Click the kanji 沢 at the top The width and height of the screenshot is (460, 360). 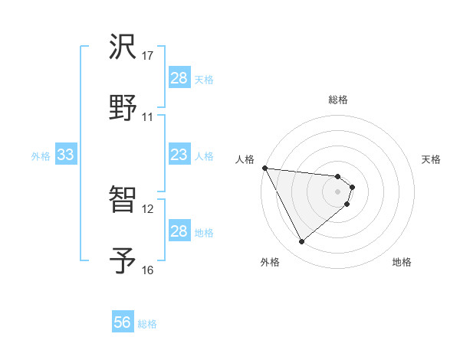[x=123, y=47]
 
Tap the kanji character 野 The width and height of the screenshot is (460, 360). [x=123, y=107]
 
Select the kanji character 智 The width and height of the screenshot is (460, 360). [x=123, y=201]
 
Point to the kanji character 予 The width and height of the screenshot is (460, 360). [x=123, y=260]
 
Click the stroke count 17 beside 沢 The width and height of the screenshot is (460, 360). [x=147, y=56]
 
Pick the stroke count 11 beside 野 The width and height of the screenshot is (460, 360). [x=147, y=116]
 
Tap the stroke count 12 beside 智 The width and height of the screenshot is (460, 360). [x=147, y=209]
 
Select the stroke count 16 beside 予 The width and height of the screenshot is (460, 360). [x=147, y=270]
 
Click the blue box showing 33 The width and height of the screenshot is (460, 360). [x=65, y=155]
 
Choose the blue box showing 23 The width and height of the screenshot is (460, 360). [x=179, y=155]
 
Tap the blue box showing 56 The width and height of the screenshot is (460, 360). [x=123, y=323]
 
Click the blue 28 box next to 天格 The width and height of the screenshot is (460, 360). [x=179, y=78]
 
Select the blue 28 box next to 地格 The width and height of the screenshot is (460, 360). [x=179, y=231]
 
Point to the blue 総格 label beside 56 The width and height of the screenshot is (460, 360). [x=147, y=324]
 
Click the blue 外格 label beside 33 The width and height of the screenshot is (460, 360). [x=41, y=156]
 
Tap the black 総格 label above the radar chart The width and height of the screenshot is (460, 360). [x=338, y=100]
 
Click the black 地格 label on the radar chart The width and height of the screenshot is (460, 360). [x=402, y=262]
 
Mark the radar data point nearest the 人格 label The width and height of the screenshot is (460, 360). [x=264, y=168]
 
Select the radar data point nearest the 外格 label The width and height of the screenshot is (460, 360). [x=301, y=242]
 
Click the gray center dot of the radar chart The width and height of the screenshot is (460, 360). [x=338, y=191]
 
